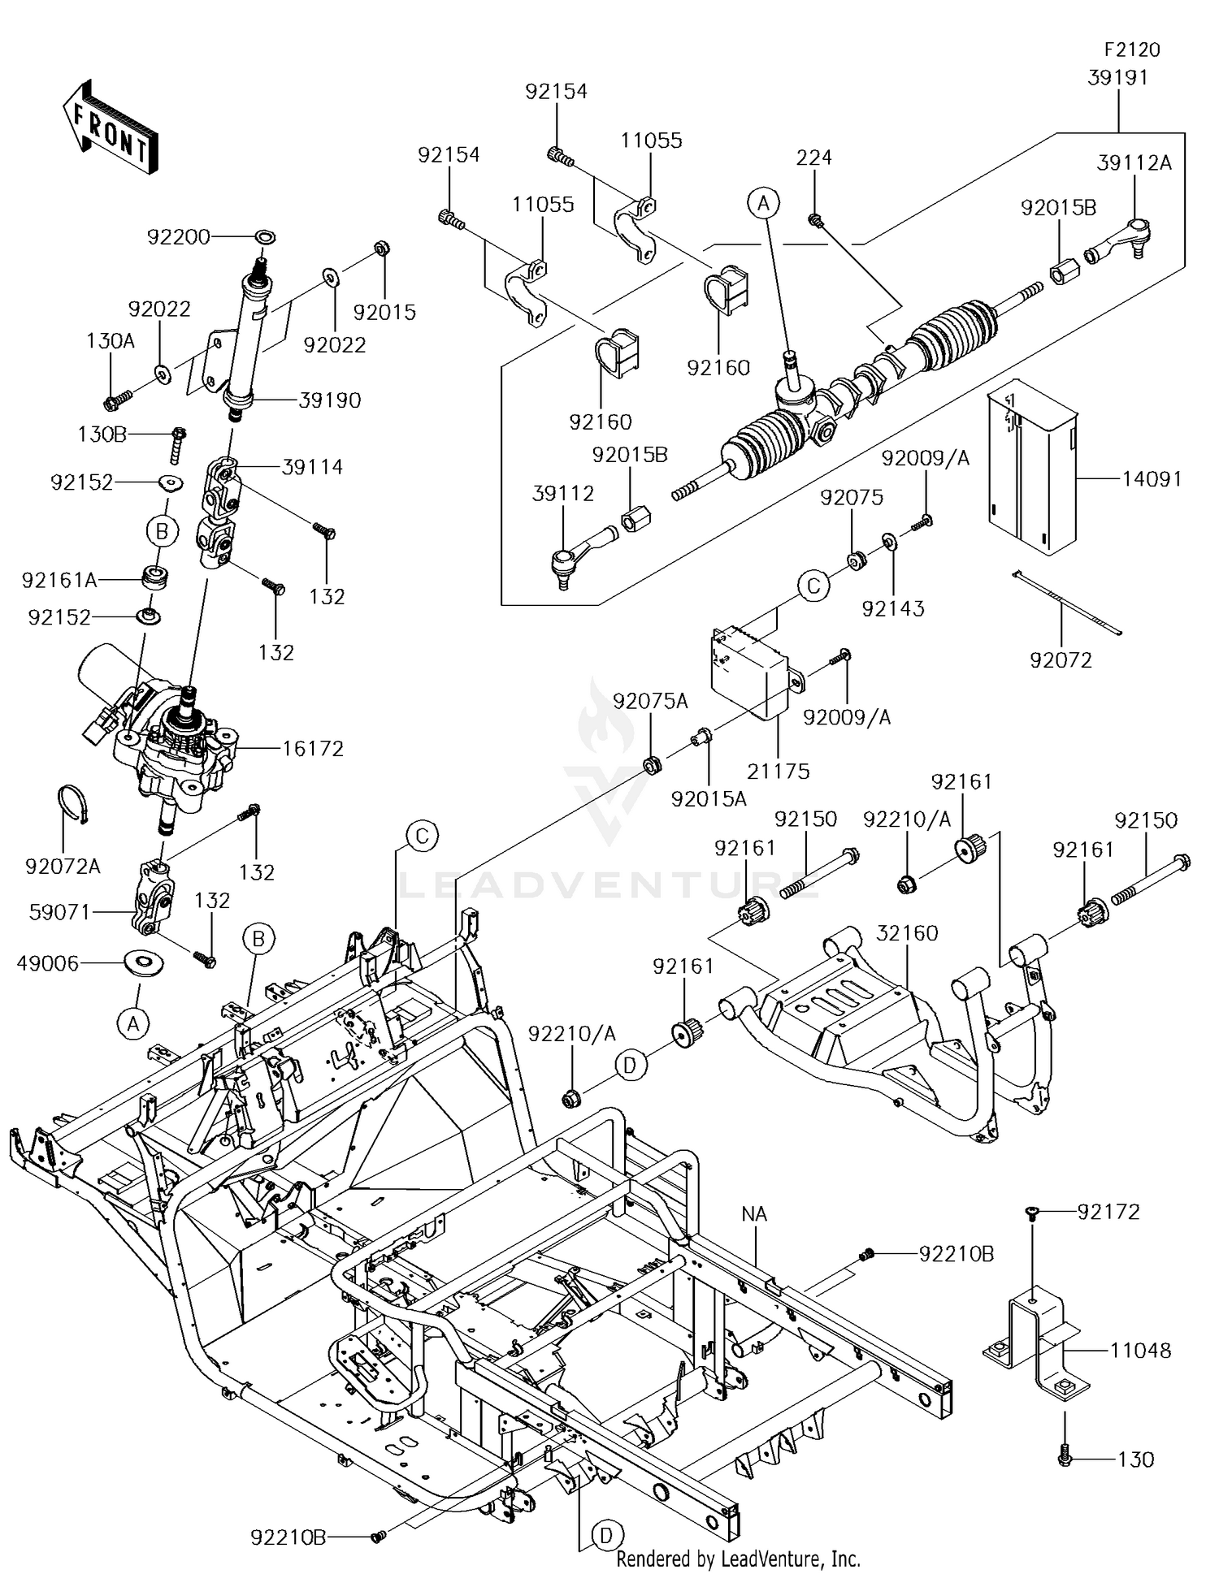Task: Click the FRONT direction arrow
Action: coord(109,127)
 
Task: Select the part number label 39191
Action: coord(1117,77)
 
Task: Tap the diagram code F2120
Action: coord(1132,50)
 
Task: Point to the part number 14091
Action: coord(1152,478)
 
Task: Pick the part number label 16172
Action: coord(313,748)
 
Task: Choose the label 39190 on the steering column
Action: coord(330,400)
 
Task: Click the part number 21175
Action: coord(779,771)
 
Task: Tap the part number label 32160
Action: coord(907,933)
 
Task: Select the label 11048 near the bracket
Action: coord(1141,1351)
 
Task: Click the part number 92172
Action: coord(1108,1212)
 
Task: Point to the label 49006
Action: coord(48,963)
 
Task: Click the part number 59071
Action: coord(60,912)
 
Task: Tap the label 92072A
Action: coord(63,867)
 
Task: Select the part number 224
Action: coord(813,157)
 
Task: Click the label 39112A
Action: coord(1134,162)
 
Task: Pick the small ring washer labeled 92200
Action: coord(265,236)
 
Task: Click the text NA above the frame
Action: coord(755,1214)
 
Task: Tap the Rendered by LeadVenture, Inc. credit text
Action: coord(738,1559)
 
